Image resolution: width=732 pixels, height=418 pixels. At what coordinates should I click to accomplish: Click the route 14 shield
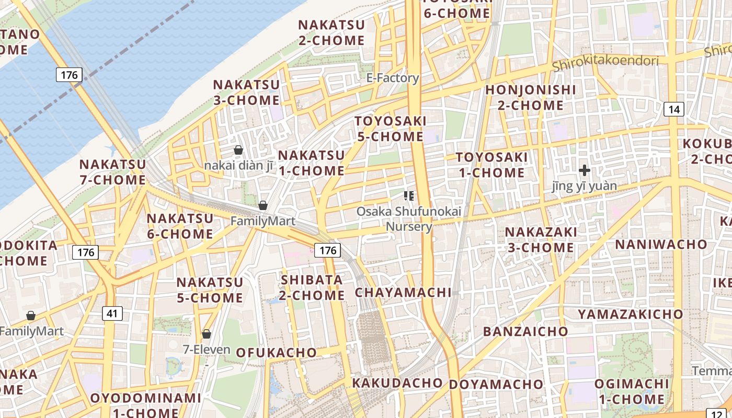[674, 109]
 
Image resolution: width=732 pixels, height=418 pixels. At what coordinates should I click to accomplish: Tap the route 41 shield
[112, 313]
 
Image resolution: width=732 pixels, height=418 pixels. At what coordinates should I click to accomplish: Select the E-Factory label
[393, 78]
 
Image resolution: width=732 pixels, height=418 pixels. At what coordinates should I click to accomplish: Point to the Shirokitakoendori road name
[605, 62]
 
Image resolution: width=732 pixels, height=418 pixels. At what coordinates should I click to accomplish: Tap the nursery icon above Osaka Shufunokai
[409, 196]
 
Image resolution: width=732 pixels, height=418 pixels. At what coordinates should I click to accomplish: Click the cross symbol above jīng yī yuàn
[585, 170]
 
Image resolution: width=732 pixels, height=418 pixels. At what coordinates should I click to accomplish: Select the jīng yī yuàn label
[585, 186]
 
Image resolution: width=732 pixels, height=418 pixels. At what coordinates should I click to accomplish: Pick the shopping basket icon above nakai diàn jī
[238, 150]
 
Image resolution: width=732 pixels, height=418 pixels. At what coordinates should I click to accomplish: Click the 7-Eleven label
[207, 349]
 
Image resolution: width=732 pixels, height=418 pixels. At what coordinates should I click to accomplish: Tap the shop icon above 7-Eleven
[207, 334]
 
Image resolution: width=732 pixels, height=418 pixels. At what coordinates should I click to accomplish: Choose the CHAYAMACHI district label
[403, 293]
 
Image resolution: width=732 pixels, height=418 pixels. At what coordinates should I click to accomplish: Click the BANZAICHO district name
[525, 332]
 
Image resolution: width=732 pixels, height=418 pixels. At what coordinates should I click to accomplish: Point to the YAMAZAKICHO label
[630, 314]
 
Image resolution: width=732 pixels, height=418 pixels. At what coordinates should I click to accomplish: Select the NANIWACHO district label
[661, 245]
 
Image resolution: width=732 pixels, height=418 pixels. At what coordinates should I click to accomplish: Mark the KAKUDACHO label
[397, 383]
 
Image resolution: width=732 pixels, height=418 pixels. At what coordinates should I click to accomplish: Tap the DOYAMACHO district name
[496, 385]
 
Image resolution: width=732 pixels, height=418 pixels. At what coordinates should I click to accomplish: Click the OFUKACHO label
[277, 353]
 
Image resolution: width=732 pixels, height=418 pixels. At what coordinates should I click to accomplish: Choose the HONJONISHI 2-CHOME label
[530, 98]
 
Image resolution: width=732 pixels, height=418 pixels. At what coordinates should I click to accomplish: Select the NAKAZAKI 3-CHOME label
[541, 239]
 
